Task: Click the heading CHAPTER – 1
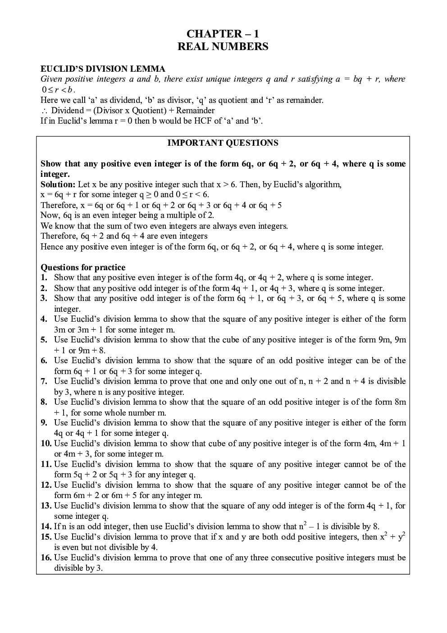(223, 34)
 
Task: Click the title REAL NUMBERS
(223, 46)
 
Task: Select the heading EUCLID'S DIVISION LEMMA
(103, 69)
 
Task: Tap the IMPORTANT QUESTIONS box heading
(223, 143)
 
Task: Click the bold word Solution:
(58, 185)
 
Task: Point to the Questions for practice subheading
(83, 268)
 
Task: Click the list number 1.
(44, 278)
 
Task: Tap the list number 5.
(44, 340)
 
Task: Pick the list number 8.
(44, 402)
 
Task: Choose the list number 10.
(46, 444)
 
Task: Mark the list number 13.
(46, 506)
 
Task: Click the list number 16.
(46, 558)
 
